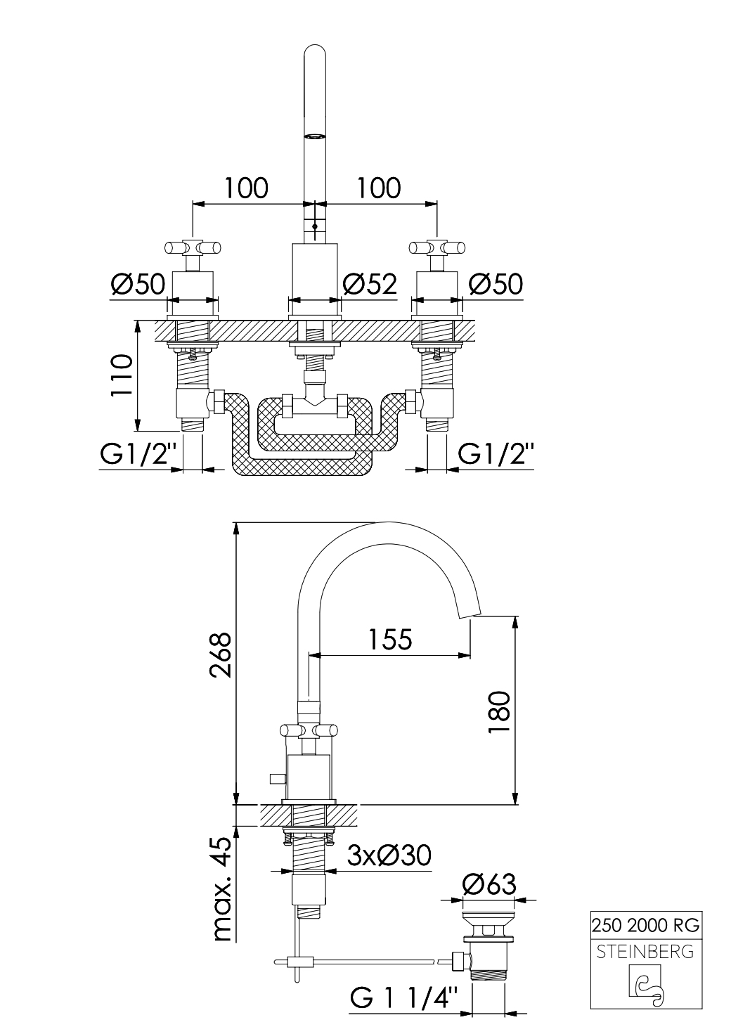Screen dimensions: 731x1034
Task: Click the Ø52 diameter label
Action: point(369,284)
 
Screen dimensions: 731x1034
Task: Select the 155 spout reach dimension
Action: point(390,640)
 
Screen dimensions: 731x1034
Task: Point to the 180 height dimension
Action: point(498,711)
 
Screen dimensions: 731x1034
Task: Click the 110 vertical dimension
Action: point(122,375)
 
